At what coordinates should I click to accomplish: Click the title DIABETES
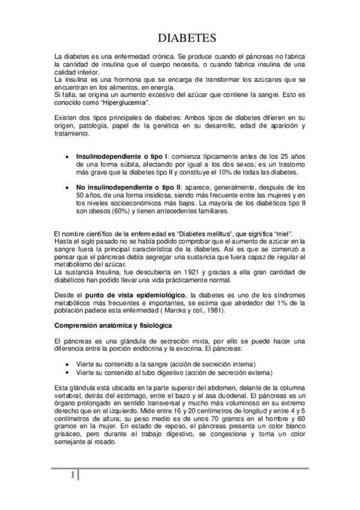(186, 39)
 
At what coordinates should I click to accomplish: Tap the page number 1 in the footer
(72, 475)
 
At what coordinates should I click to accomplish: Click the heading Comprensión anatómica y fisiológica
(112, 325)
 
